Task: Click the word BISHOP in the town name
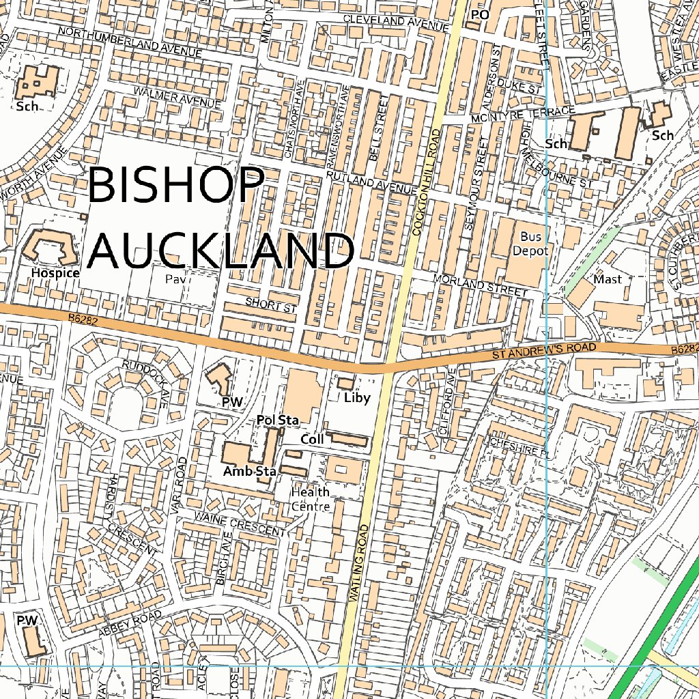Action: click(176, 185)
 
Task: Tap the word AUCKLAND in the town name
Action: click(221, 251)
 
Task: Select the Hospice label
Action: click(55, 273)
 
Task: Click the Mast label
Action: click(607, 279)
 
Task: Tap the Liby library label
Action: click(356, 398)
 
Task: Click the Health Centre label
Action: click(311, 499)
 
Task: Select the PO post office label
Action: click(481, 14)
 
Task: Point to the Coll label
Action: click(312, 440)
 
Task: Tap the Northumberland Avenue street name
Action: click(130, 42)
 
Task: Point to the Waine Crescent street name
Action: click(239, 524)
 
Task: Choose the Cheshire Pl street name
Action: click(519, 447)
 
